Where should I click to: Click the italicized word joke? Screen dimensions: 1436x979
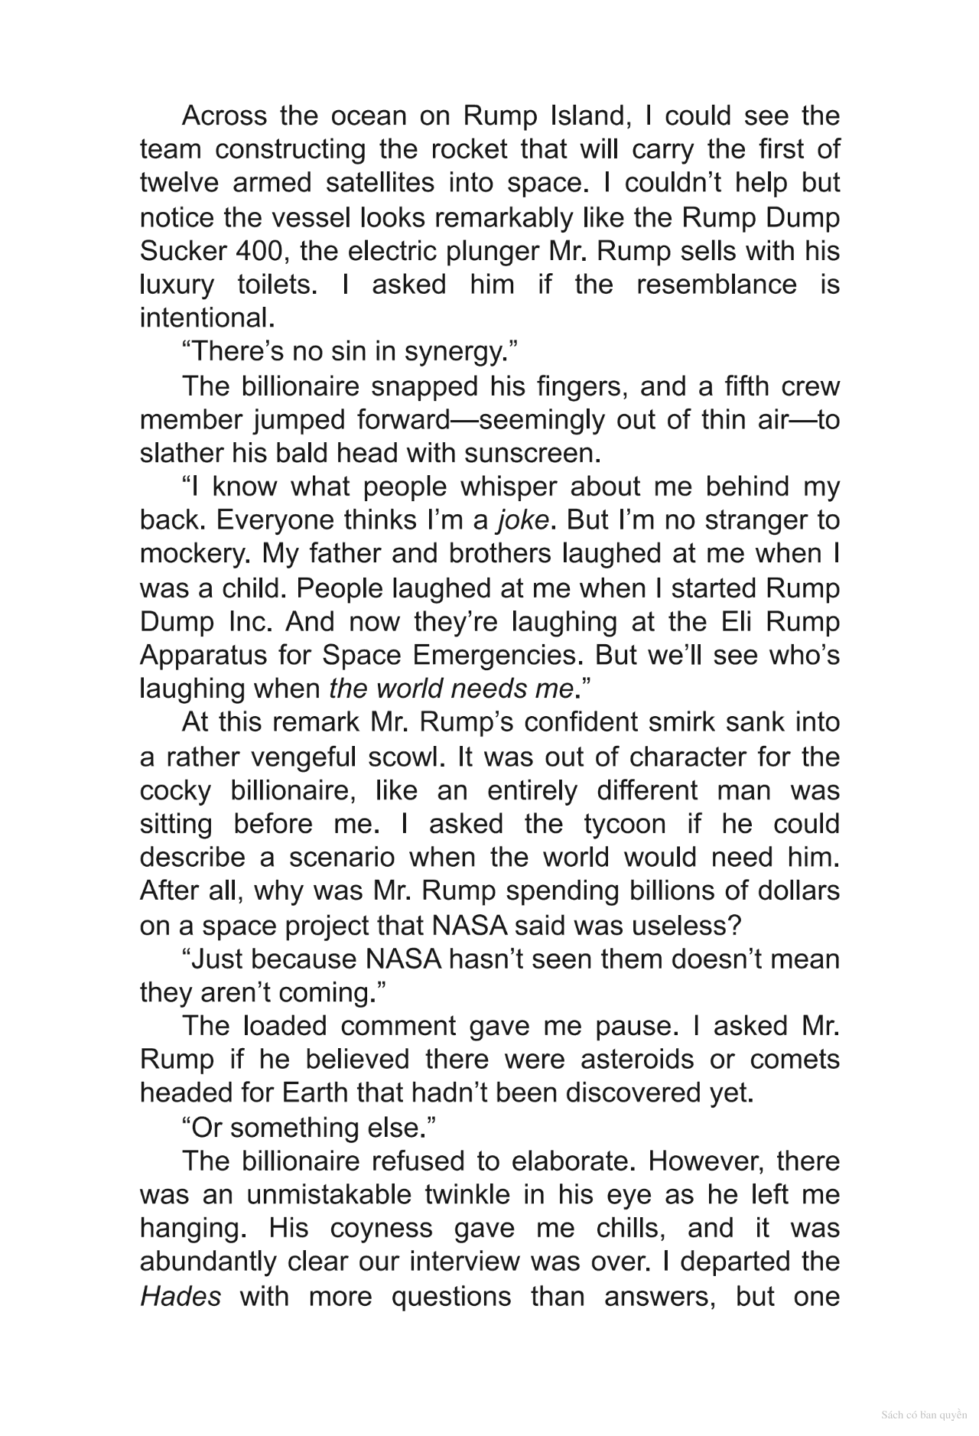[x=522, y=521]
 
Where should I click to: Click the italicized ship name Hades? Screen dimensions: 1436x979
[x=181, y=1297]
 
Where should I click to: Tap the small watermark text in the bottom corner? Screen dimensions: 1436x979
[x=923, y=1415]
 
